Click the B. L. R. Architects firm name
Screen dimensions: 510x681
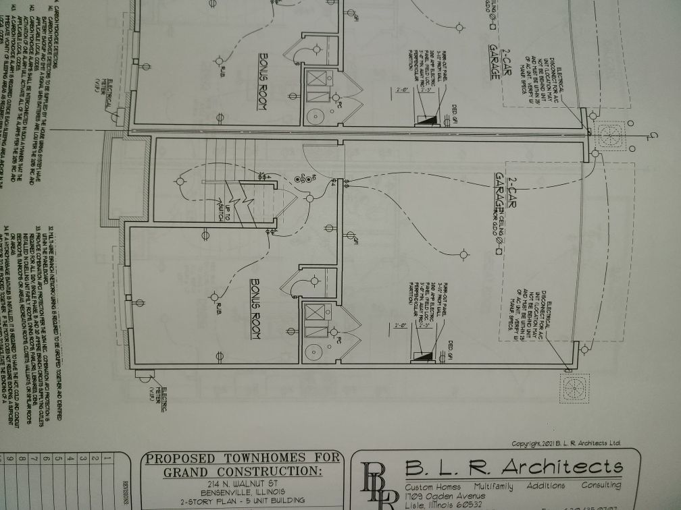513,467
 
